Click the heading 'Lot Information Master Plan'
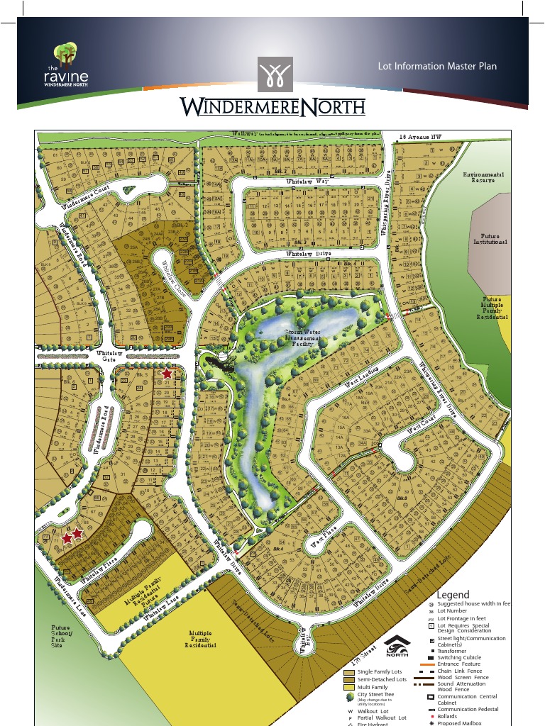coord(437,67)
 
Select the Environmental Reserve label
coord(483,177)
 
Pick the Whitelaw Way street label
coord(307,182)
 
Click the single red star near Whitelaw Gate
coord(167,374)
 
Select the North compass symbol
coord(397,647)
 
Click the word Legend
coord(453,595)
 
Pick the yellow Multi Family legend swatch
coord(348,687)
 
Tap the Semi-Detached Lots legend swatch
coord(348,679)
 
